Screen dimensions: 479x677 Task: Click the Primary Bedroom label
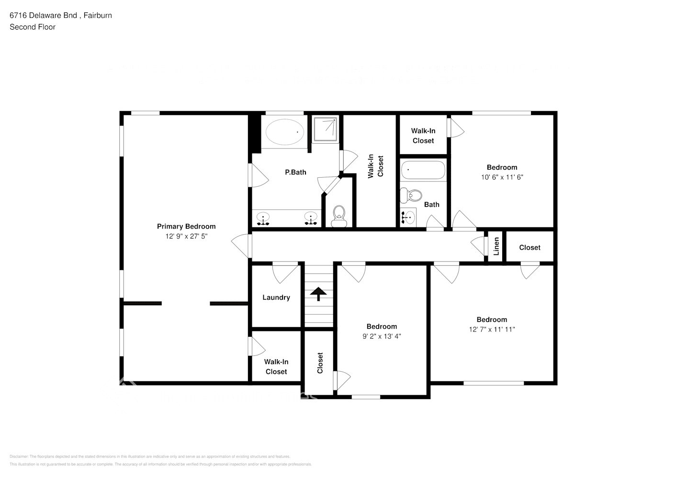(186, 227)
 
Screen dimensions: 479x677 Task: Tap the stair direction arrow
(318, 294)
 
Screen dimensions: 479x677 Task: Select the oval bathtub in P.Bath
(285, 132)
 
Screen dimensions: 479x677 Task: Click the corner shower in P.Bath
(326, 129)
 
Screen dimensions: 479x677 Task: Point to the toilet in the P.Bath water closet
(339, 216)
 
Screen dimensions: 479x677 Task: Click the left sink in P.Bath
(263, 219)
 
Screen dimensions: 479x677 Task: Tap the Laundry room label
(276, 297)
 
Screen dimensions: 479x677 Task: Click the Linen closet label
(496, 247)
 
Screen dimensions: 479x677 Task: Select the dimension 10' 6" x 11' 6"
(502, 177)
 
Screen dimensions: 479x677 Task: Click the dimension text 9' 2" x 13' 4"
(382, 336)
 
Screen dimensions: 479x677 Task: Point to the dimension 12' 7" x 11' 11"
(492, 329)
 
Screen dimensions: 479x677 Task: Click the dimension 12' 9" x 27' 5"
(186, 236)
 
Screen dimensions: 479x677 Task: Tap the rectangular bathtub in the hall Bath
(423, 170)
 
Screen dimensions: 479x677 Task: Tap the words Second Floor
(33, 27)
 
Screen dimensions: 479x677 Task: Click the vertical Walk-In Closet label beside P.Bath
(375, 166)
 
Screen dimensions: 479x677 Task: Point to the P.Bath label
(295, 172)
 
